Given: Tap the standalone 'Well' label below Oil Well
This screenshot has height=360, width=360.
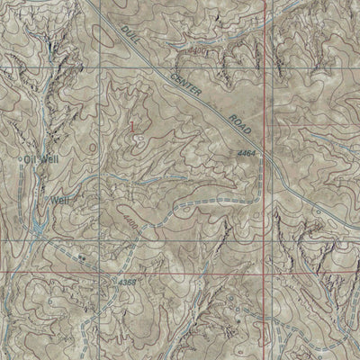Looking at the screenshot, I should (x=59, y=200).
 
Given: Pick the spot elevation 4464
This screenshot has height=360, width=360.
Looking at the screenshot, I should (x=248, y=154).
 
